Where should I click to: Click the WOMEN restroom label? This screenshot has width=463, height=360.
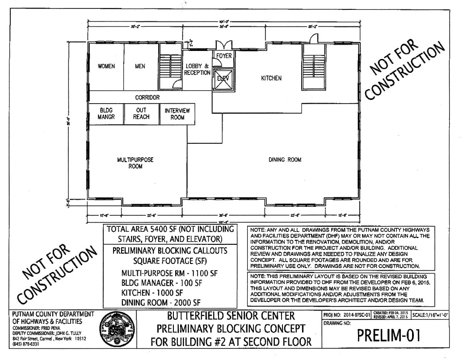coord(106,66)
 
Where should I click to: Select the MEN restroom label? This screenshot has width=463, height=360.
coord(140,66)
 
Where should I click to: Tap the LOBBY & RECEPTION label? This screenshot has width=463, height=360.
coord(197,69)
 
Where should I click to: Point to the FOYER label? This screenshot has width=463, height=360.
coord(224,56)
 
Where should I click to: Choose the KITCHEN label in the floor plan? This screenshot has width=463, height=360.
coord(271,78)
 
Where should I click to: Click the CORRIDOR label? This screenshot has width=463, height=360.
coord(147,97)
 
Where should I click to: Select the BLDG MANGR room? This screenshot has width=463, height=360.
coord(106,113)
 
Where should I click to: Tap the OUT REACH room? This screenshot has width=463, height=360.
coord(141,113)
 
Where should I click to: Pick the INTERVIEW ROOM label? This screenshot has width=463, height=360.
coord(177,113)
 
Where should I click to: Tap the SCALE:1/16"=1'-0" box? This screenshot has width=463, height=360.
coord(438,316)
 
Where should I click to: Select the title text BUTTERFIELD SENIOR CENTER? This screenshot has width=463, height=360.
coord(230,317)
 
